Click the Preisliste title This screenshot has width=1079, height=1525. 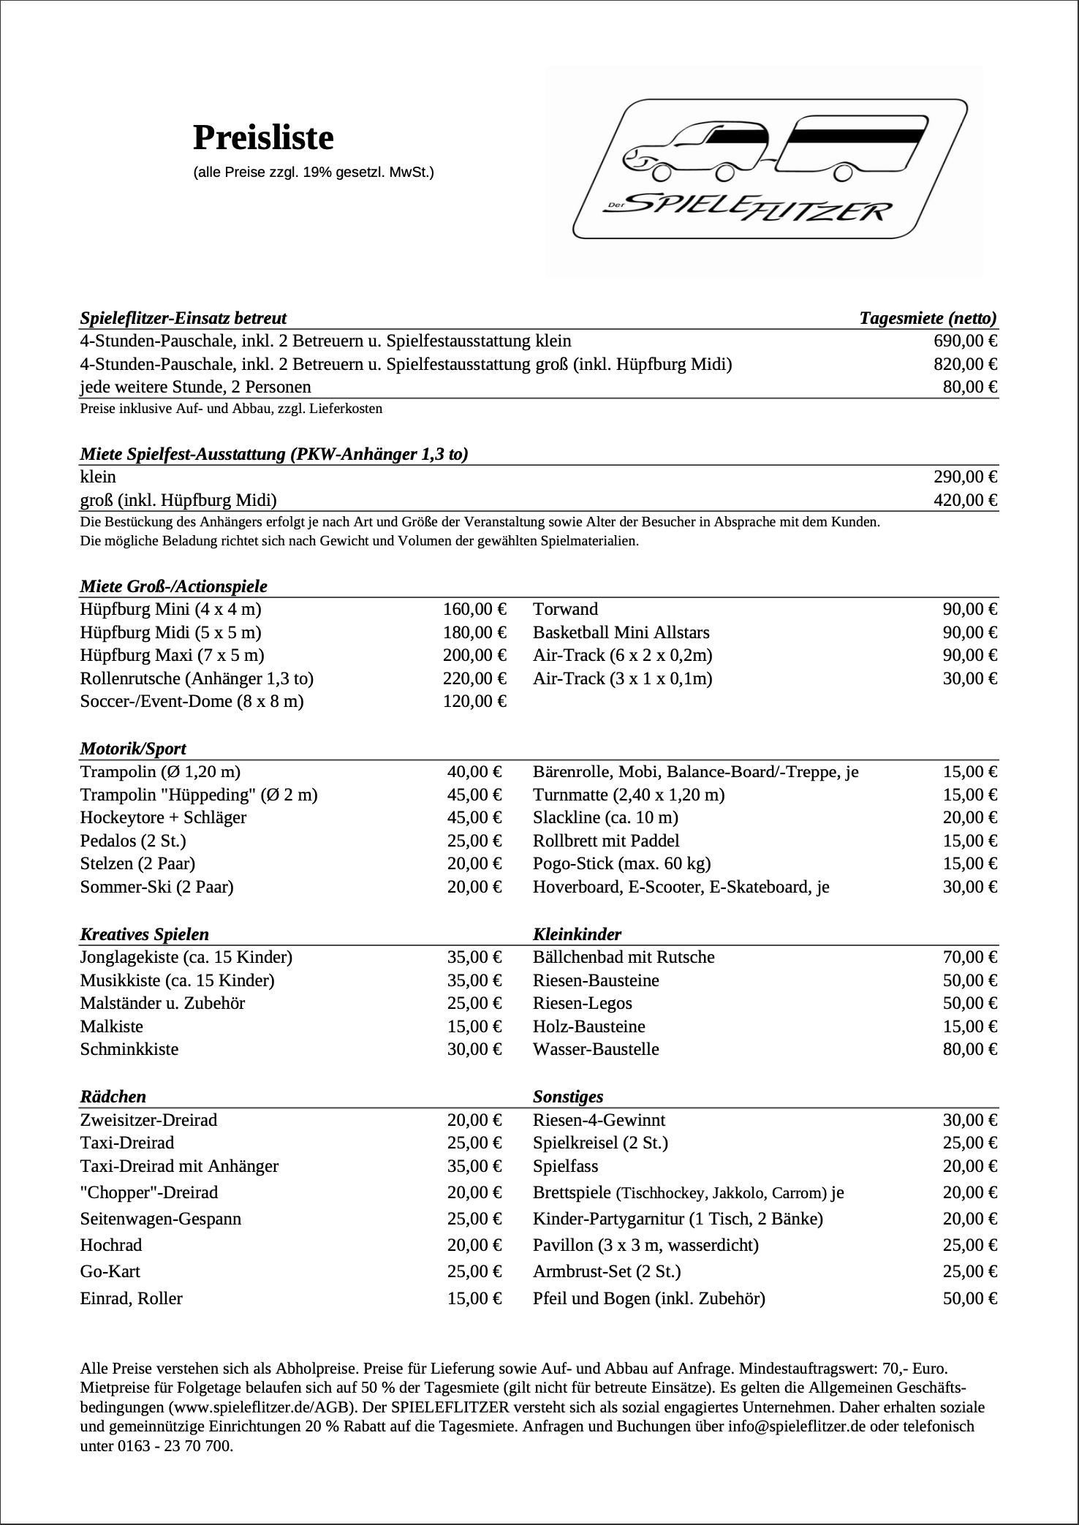click(x=263, y=137)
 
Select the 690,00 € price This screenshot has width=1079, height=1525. click(x=966, y=341)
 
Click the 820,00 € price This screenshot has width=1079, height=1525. click(x=966, y=364)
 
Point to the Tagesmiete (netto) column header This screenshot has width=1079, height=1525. click(x=928, y=318)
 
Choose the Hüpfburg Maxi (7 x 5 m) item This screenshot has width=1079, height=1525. click(x=173, y=655)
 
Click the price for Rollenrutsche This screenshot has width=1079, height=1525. click(x=474, y=678)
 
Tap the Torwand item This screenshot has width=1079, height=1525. click(x=565, y=609)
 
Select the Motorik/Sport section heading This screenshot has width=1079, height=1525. click(x=133, y=749)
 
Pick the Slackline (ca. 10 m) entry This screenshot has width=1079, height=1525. click(x=605, y=817)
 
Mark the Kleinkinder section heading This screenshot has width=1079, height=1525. click(x=577, y=934)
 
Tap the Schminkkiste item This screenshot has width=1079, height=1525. click(x=129, y=1049)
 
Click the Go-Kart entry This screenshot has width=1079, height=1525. click(x=110, y=1271)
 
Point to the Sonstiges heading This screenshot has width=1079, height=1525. click(x=568, y=1097)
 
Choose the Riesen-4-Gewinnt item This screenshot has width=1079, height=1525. click(x=599, y=1120)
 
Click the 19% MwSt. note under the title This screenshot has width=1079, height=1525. click(x=313, y=173)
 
